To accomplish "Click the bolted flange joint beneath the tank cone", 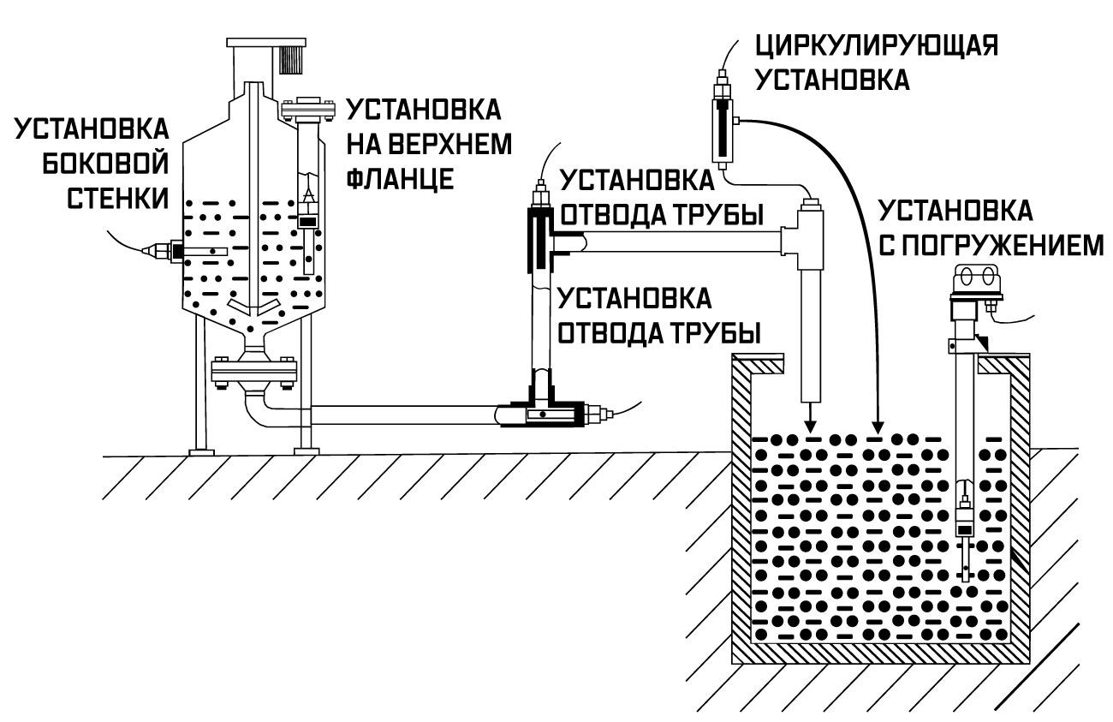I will (x=253, y=373).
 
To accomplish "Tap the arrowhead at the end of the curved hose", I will (x=876, y=425).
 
